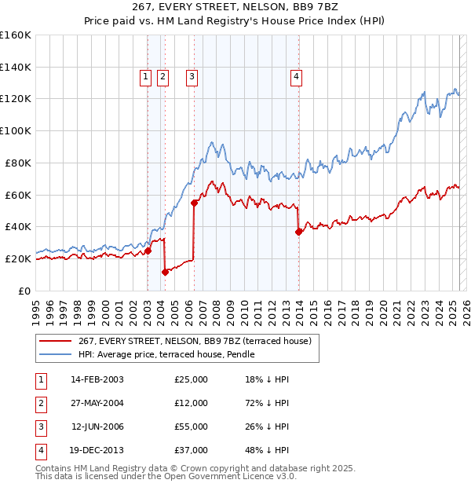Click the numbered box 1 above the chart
click(x=146, y=76)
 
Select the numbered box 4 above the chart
click(x=296, y=76)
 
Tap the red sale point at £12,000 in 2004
click(x=166, y=272)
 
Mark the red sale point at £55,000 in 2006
click(x=194, y=203)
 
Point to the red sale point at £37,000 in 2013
click(x=298, y=232)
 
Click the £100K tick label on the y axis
click(x=16, y=130)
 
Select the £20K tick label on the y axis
click(x=18, y=258)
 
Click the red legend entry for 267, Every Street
click(x=195, y=341)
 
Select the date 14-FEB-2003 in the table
click(x=97, y=379)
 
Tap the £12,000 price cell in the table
click(x=191, y=403)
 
